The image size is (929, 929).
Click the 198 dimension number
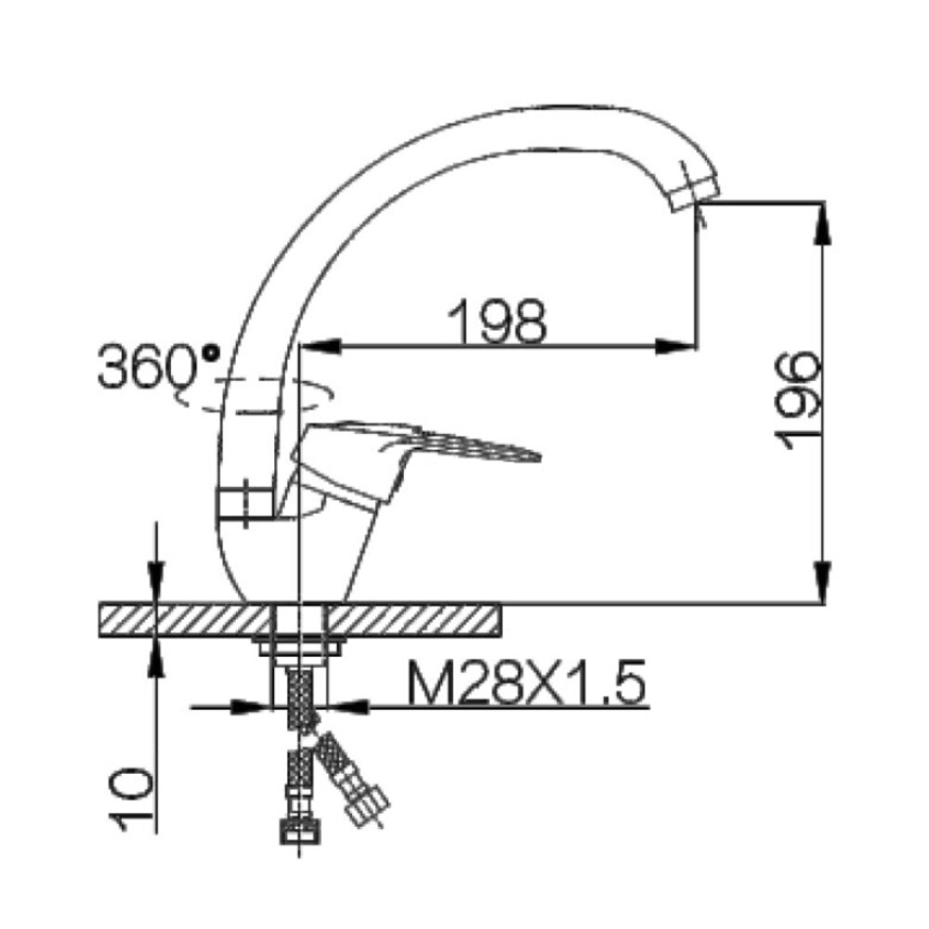[497, 320]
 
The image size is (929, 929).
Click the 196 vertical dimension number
[796, 400]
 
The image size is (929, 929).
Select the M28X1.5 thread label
[525, 687]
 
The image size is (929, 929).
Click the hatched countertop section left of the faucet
[186, 618]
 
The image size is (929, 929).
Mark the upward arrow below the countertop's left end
[156, 655]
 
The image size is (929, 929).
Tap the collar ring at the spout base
[247, 503]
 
